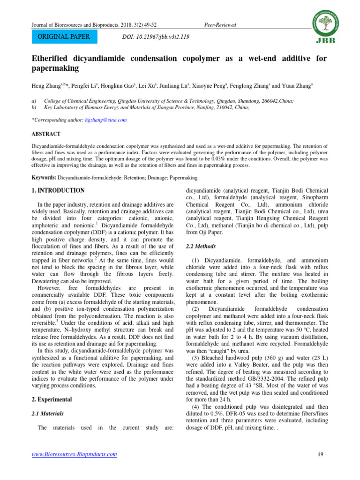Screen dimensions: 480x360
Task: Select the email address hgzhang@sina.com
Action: tap(106, 120)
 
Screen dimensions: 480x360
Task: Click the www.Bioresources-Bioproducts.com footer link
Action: tap(74, 454)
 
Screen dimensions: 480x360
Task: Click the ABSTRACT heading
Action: tap(46, 133)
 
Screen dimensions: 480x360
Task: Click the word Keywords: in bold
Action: tap(44, 178)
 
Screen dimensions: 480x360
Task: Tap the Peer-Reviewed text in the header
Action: tap(220, 25)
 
